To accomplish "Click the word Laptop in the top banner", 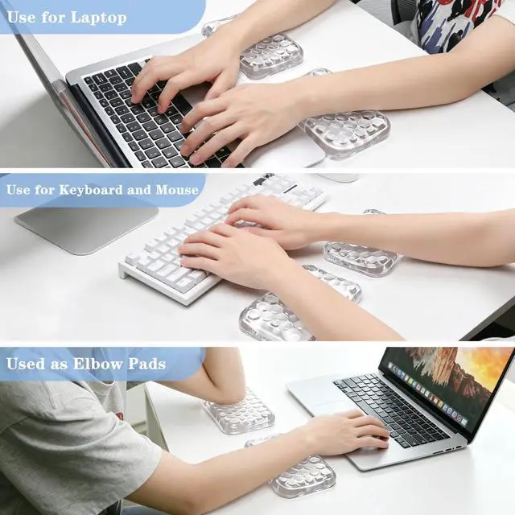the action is (x=98, y=18).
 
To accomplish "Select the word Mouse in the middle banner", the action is (x=177, y=190).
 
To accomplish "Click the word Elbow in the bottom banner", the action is (x=97, y=364).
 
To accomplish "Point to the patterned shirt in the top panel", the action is (x=459, y=23).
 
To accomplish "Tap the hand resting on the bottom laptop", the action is (x=352, y=429).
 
